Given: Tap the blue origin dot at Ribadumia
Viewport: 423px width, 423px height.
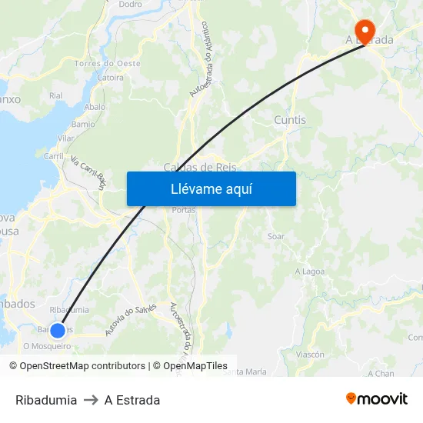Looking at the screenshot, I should point(58,331).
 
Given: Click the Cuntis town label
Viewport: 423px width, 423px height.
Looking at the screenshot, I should point(290,120).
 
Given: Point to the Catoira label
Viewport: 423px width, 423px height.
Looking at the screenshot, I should point(110,78).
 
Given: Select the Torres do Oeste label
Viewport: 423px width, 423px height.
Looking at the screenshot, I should point(107,63).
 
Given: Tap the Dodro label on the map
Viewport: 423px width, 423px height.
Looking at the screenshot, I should point(130,4).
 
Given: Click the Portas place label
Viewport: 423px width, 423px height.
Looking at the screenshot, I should point(184,210).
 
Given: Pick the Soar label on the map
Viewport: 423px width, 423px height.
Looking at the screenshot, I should point(276,236).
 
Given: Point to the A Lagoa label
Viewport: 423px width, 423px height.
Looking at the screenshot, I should point(310,271).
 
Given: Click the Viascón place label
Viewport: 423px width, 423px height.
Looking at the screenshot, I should point(310,355).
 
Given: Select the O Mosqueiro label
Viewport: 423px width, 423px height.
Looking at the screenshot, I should point(47,346).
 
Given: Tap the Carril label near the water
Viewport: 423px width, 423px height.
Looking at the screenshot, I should point(54,155).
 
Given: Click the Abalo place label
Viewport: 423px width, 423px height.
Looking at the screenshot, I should point(95,108).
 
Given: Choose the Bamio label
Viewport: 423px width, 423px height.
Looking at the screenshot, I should point(83,124).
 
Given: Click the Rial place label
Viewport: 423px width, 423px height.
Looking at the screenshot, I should point(55,95).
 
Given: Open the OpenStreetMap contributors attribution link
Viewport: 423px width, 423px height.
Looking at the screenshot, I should point(82,366).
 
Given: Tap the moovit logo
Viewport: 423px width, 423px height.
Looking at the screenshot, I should point(377,399).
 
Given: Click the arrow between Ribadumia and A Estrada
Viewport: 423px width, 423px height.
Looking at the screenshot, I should point(91,400).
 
